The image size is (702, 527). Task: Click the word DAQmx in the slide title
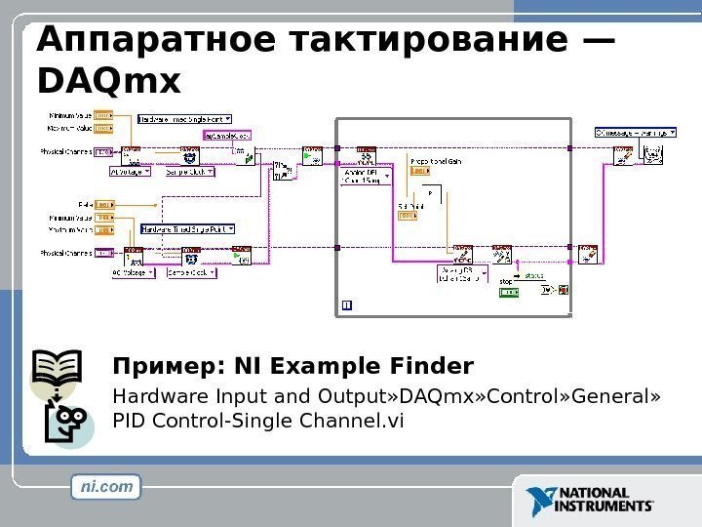(107, 82)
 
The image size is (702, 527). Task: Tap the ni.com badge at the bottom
(106, 486)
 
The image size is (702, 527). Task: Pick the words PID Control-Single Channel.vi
(257, 421)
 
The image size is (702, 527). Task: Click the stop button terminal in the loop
(509, 290)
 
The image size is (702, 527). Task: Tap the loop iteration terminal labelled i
(347, 305)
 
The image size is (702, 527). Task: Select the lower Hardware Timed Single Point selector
(190, 229)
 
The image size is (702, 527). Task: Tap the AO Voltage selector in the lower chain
(134, 273)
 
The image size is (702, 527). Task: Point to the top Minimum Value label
(71, 115)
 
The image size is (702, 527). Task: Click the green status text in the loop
(533, 276)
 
